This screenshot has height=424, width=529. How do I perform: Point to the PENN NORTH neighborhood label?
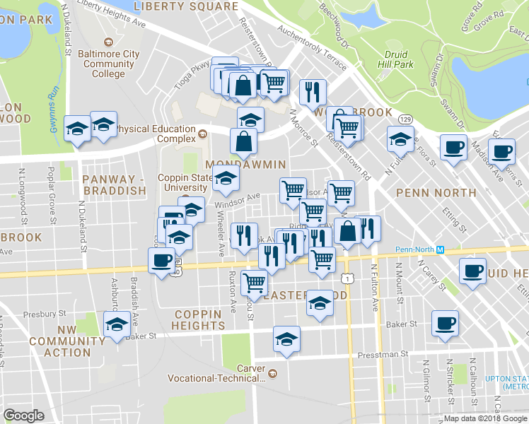pyautogui.click(x=436, y=192)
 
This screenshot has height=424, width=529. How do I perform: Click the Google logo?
pyautogui.click(x=23, y=416)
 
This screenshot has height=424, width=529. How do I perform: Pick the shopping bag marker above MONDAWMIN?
pyautogui.click(x=243, y=141)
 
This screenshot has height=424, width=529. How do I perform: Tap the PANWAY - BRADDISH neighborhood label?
pyautogui.click(x=114, y=184)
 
